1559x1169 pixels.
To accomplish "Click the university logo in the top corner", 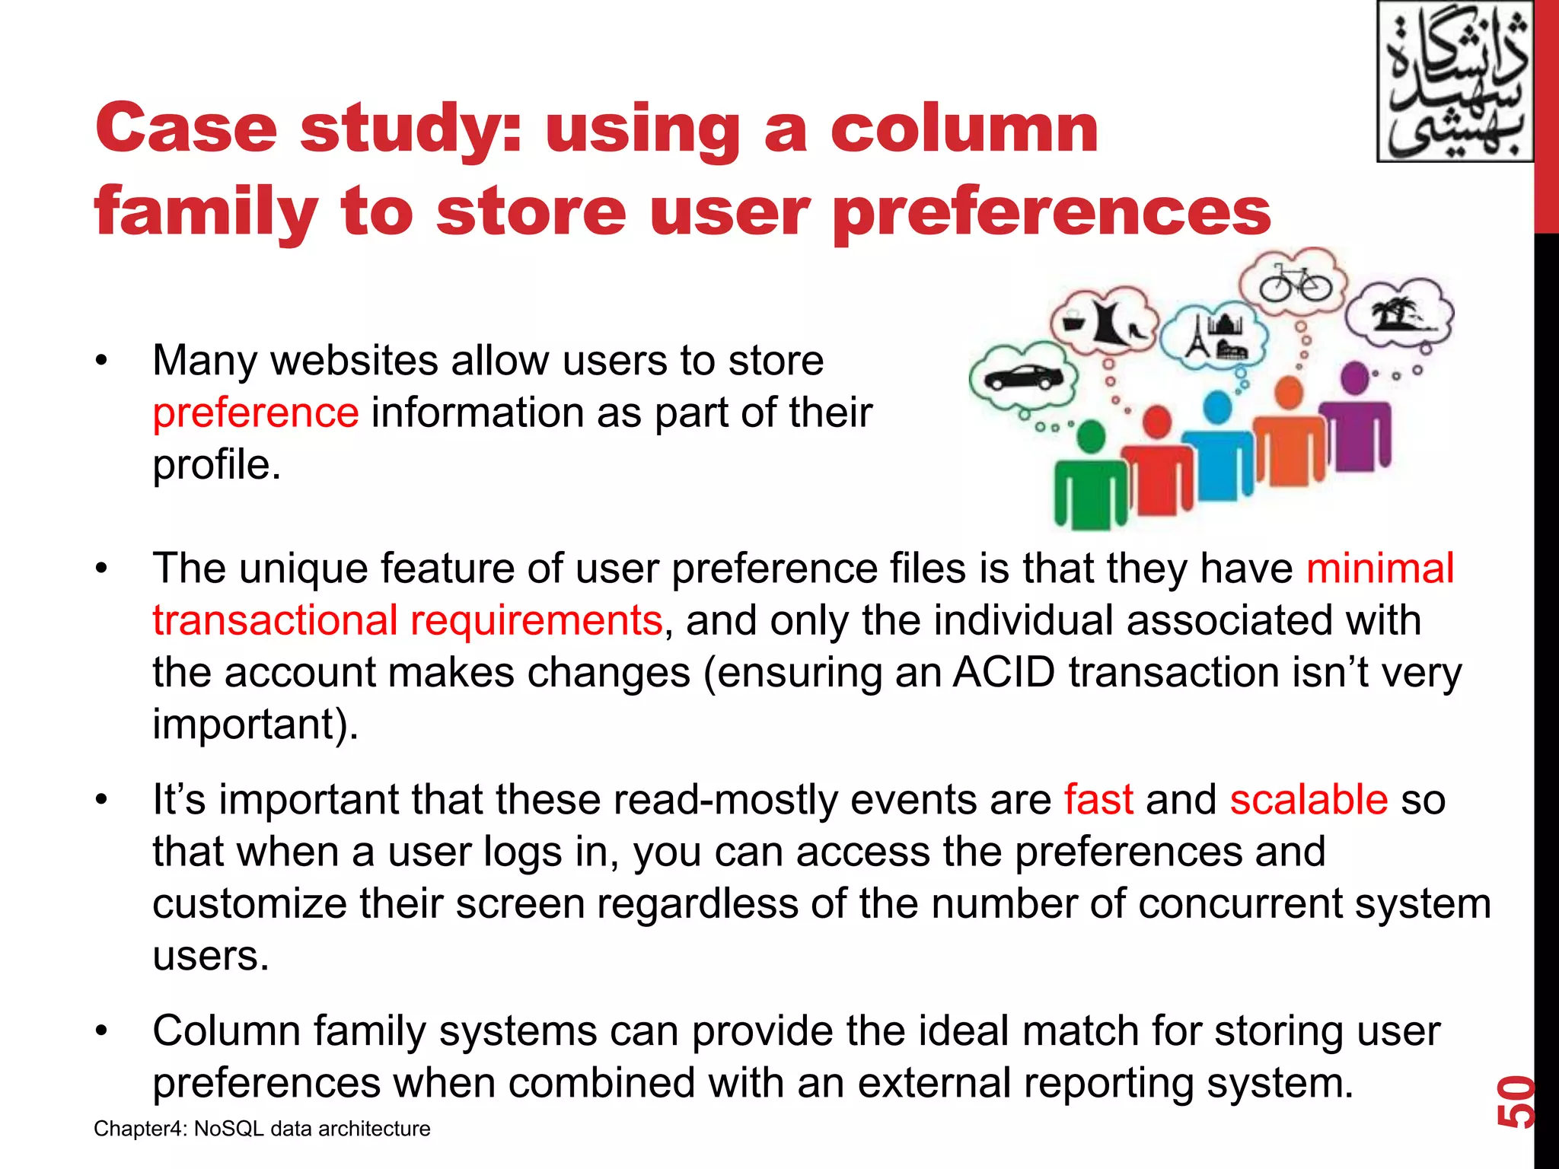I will pos(1455,81).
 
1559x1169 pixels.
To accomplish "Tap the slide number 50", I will pos(1516,1101).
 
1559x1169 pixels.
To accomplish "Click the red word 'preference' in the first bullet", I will pos(256,413).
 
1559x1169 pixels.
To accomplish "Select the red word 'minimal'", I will pos(1380,569).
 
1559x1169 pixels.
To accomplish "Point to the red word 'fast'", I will pos(1098,800).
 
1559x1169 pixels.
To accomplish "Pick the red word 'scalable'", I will pos(1309,800).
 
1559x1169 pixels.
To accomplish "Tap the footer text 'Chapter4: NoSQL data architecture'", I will pos(262,1129).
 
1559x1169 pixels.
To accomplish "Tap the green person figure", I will pos(1090,479).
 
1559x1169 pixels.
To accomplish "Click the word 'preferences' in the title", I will pos(1052,212).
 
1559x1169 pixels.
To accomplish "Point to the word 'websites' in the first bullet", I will pos(355,361).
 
